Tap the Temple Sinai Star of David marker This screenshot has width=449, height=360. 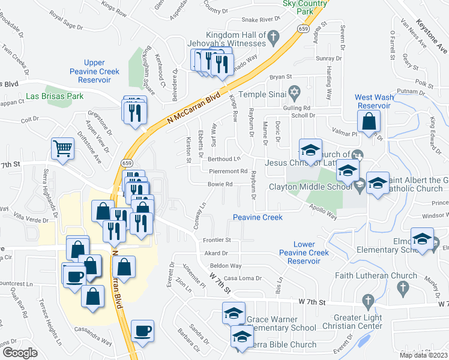point(294,94)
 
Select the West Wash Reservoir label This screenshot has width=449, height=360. point(375,101)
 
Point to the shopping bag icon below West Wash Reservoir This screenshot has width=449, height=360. point(372,121)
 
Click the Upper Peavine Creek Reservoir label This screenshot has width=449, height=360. point(94,71)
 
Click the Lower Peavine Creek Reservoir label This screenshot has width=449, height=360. point(304,253)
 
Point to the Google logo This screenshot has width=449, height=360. point(20,353)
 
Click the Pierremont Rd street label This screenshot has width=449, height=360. point(229,171)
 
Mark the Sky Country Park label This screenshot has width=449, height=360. point(305,7)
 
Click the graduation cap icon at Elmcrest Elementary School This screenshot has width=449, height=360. point(422,239)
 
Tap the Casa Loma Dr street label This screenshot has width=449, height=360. point(243,278)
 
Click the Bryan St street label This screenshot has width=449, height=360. point(280,77)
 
